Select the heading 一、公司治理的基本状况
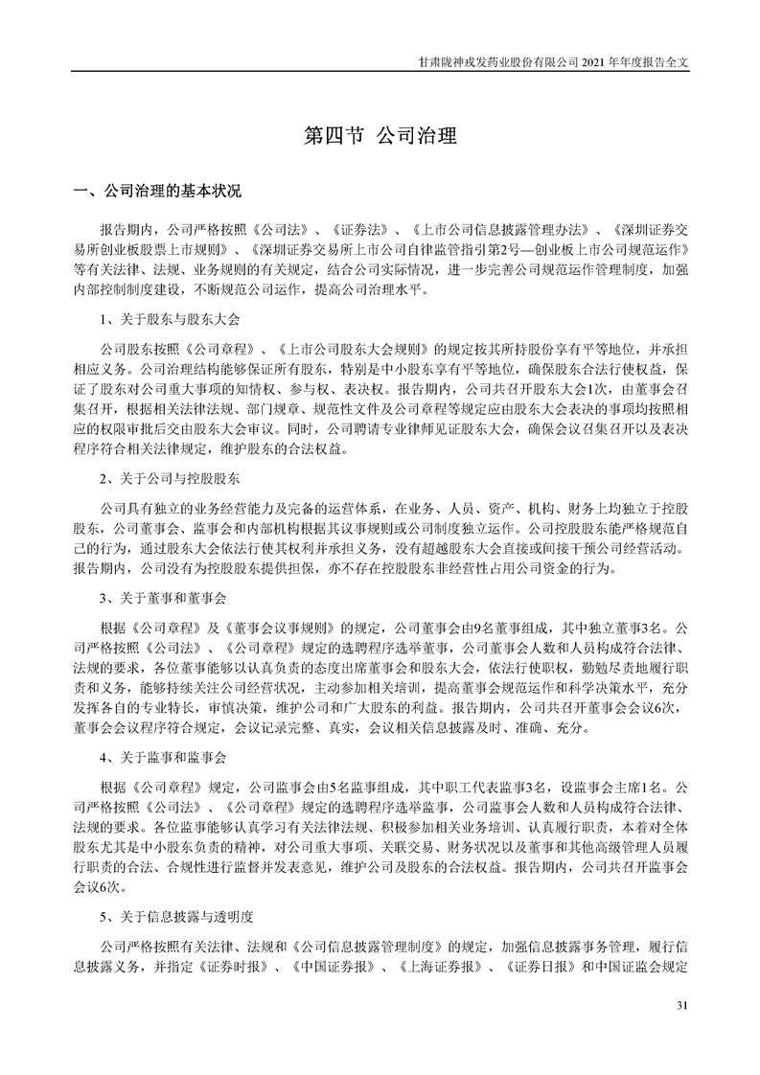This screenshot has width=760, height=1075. tap(158, 190)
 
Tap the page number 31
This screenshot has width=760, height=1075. tap(682, 1005)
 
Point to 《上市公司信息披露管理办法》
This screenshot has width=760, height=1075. tap(497, 231)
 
